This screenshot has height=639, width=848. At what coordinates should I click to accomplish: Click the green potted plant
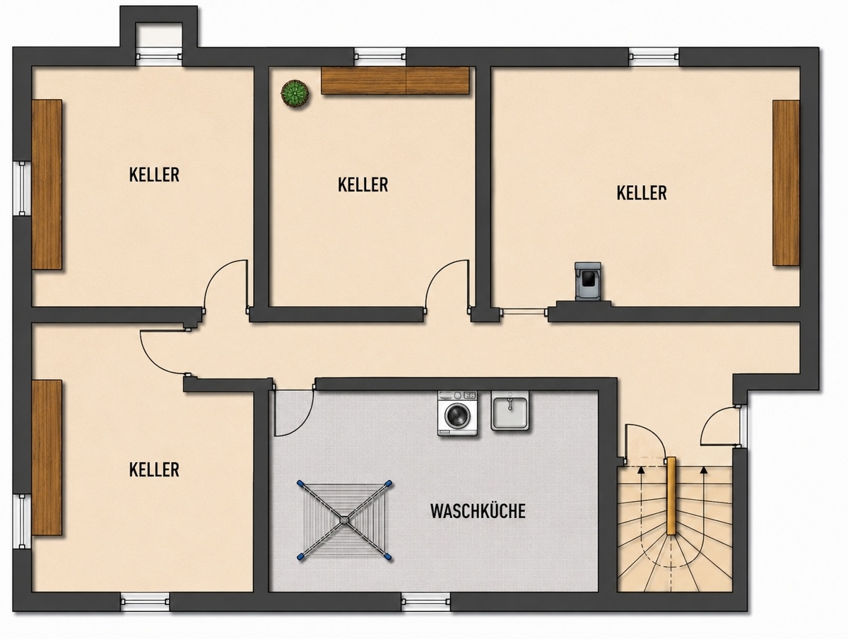point(295,94)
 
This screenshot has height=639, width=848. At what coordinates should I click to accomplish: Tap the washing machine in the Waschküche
point(457,414)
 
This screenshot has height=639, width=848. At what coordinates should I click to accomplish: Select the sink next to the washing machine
point(511,411)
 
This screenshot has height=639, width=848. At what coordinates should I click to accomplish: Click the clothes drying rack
point(344,520)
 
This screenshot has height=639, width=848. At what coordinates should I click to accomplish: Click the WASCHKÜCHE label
point(478,512)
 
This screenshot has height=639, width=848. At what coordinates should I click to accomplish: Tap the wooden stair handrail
point(671,496)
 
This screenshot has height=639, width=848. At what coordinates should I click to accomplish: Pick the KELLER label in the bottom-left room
point(154,470)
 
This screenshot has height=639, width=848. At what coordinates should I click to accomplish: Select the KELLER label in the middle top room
point(363,184)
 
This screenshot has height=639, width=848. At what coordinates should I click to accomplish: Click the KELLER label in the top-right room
point(642,193)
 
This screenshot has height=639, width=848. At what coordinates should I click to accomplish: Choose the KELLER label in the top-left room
point(154,175)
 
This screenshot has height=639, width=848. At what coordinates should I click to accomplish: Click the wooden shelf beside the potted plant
point(395,81)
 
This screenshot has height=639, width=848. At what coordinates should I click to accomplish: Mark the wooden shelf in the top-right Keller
point(786,183)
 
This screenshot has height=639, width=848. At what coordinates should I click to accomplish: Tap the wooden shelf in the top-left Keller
point(47,184)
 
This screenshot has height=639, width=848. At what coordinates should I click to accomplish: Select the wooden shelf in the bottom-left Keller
point(47,457)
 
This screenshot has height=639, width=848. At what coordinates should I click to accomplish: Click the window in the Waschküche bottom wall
point(426,602)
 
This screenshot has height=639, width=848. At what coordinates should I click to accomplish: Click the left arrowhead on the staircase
point(642,470)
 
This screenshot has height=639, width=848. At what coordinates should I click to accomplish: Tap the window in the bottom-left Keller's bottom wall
point(145,602)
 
